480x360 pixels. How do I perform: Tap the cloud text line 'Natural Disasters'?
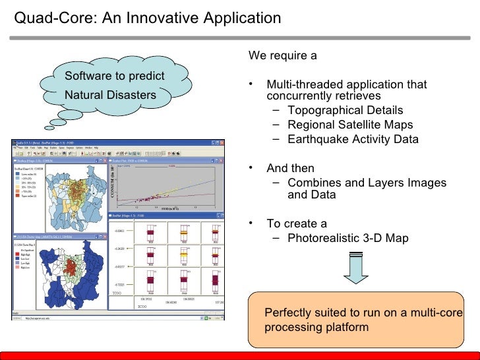(110, 96)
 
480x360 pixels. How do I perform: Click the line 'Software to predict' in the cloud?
(114, 76)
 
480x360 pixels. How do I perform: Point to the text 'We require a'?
(282, 55)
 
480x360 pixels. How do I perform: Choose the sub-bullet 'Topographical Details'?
(345, 110)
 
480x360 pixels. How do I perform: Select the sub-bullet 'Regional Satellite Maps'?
(350, 125)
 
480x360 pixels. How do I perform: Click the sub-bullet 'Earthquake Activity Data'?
(353, 139)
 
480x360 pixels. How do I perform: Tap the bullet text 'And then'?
(290, 168)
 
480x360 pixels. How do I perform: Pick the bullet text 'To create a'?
(296, 224)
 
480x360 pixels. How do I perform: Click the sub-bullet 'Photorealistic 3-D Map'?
(348, 238)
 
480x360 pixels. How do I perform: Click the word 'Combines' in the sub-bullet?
(313, 183)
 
